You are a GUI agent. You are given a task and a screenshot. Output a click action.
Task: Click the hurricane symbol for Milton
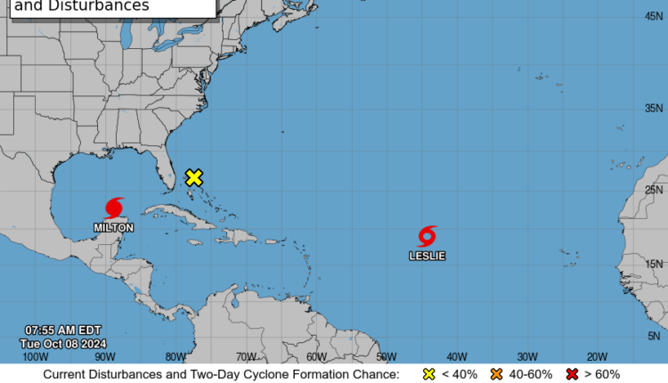(x=114, y=208)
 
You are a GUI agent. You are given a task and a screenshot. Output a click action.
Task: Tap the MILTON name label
(x=114, y=228)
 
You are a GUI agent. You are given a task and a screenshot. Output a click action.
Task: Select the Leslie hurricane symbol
(x=428, y=236)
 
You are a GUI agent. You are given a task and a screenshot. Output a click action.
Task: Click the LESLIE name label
(x=428, y=256)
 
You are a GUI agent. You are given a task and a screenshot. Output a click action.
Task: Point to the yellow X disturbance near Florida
(x=193, y=177)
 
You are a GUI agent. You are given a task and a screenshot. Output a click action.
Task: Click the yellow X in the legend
(x=428, y=374)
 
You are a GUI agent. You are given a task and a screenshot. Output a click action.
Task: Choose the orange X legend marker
(x=497, y=374)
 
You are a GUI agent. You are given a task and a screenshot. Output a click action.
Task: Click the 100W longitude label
(x=35, y=356)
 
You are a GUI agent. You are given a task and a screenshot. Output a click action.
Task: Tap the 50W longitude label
(x=386, y=356)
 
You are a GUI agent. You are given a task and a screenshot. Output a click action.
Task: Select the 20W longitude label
(x=597, y=356)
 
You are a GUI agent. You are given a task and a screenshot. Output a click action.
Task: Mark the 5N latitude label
(x=655, y=335)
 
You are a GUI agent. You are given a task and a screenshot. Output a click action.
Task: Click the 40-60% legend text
(x=532, y=374)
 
